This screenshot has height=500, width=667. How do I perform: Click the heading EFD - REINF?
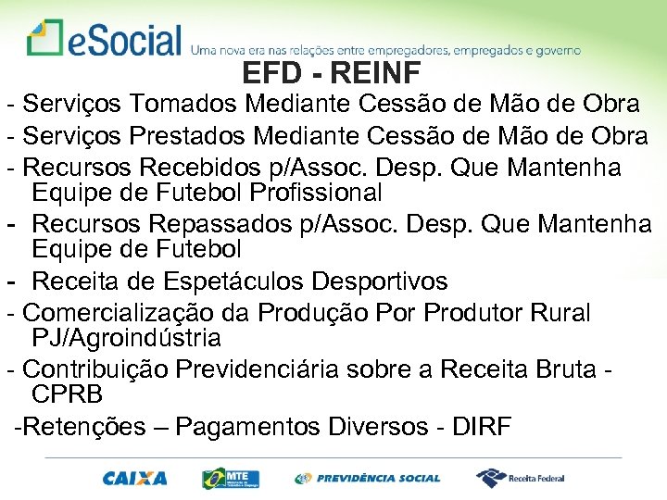coord(331,72)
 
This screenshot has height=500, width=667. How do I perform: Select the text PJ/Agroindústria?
coord(126,337)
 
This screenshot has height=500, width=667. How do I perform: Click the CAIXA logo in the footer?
coord(135,479)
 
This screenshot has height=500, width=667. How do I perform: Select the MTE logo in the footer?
coord(231,479)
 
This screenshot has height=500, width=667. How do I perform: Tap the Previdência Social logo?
coord(367,479)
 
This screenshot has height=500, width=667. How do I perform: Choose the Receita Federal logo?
coord(520,479)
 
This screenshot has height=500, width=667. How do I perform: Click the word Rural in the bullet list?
coord(559,313)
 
